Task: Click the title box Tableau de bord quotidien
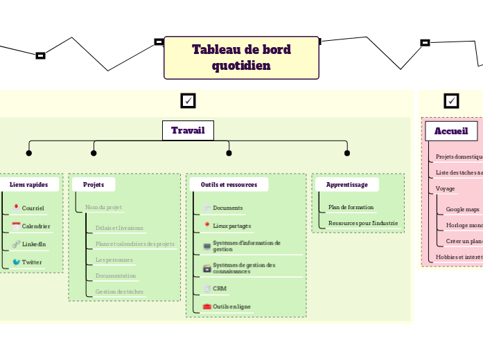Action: pos(241,57)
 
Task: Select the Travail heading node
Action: pos(188,130)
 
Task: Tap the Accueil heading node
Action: pos(451,130)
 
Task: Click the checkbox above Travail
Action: pos(188,101)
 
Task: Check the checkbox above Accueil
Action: pos(452,101)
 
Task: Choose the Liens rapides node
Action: pos(29,185)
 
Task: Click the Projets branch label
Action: pos(94,185)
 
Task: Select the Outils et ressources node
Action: pos(229,185)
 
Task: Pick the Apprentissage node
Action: pos(346,185)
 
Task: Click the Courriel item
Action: pos(33,208)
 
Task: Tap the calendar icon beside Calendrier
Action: pos(16,226)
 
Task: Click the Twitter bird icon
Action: pos(16,262)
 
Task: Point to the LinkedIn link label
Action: pos(34,244)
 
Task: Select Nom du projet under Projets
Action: pos(103,207)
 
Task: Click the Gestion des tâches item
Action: pos(119,291)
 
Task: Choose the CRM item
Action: pos(219,288)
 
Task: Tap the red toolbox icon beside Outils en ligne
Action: pos(207,306)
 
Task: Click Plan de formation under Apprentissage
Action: pos(351,207)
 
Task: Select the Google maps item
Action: pos(462,208)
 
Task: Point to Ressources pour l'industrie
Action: pos(362,223)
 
